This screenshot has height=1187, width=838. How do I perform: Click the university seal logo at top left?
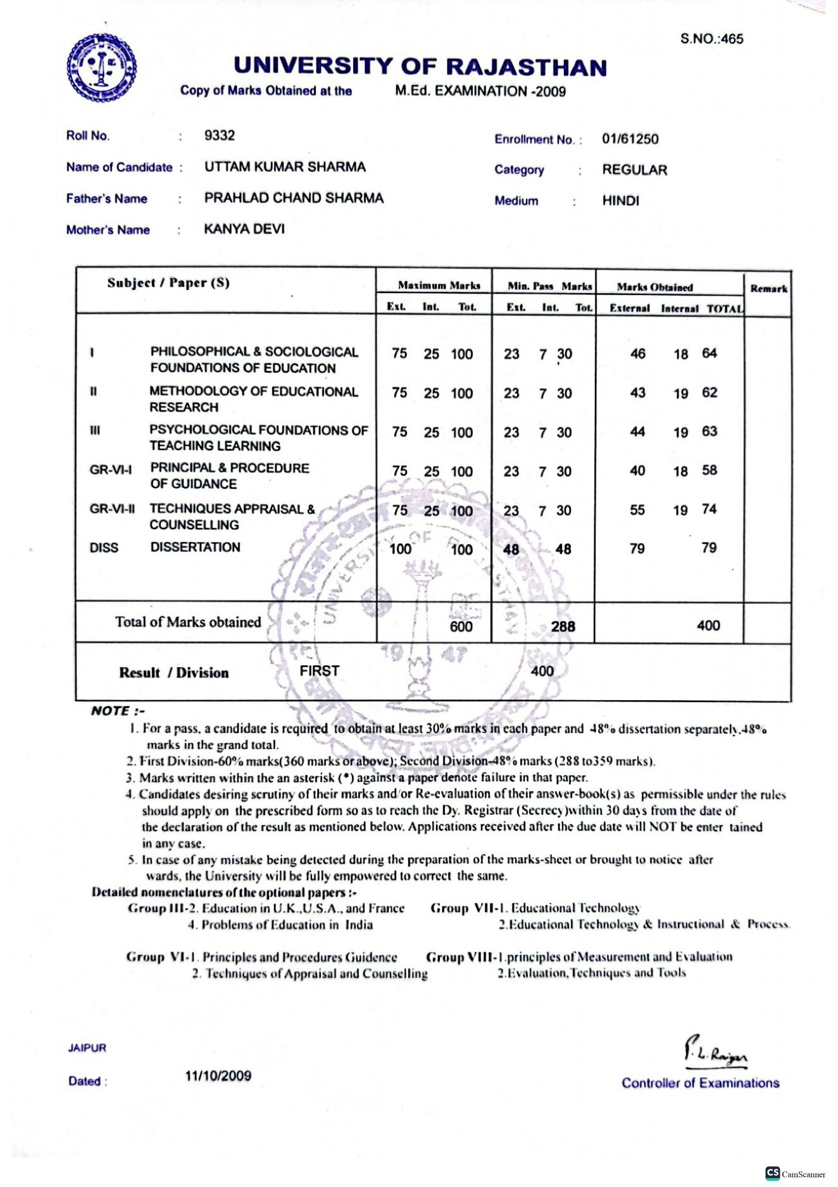coord(101,68)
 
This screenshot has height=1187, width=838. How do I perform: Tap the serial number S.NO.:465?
coord(711,39)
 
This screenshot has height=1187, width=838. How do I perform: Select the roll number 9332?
coord(220,135)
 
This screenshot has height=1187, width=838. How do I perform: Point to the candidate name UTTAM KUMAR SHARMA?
coord(285,167)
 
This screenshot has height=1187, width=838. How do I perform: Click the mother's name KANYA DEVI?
coord(244,229)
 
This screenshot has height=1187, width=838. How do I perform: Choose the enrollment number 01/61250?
coord(630,139)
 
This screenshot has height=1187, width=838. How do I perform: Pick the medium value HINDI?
coord(620,201)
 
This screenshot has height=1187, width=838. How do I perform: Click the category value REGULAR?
coord(634,170)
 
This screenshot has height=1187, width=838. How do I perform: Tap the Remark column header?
coord(768,289)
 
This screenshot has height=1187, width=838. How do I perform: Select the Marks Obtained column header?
coord(654,287)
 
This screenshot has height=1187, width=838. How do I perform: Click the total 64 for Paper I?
coord(709,353)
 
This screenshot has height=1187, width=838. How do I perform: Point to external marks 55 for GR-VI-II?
coord(637,510)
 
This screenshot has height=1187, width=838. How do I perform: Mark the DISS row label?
coord(104,548)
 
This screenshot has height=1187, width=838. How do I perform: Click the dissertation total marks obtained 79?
coord(709,548)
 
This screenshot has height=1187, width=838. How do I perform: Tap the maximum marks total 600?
coord(461,627)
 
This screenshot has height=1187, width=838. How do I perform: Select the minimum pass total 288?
coord(563,627)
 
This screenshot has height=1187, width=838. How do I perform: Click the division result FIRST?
coord(319,671)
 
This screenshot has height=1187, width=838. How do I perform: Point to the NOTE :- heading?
coord(118,711)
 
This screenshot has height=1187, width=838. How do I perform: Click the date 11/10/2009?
coord(218,1076)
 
